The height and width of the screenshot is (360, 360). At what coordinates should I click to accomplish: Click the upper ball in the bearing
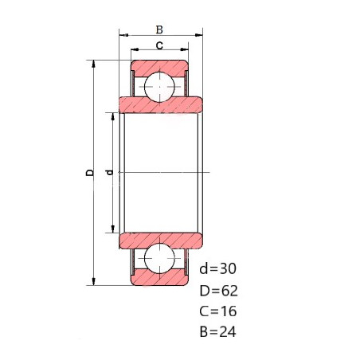[x=159, y=87]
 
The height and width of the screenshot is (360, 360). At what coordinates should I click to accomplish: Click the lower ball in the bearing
[x=159, y=258]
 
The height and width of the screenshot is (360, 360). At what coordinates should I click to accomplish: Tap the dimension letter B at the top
[x=159, y=29]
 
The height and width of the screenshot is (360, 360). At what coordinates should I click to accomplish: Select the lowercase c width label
[x=159, y=45]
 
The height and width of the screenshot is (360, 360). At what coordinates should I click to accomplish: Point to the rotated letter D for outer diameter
[x=90, y=173]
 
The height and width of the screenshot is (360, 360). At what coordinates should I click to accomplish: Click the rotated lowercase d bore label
[x=109, y=173]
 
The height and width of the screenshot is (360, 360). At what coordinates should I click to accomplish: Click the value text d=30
[x=217, y=268]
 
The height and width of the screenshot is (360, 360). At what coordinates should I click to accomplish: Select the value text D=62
[x=219, y=291]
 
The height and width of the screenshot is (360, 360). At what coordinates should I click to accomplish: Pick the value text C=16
[x=218, y=311]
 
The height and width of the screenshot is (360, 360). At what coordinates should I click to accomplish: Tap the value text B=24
[x=217, y=331]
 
